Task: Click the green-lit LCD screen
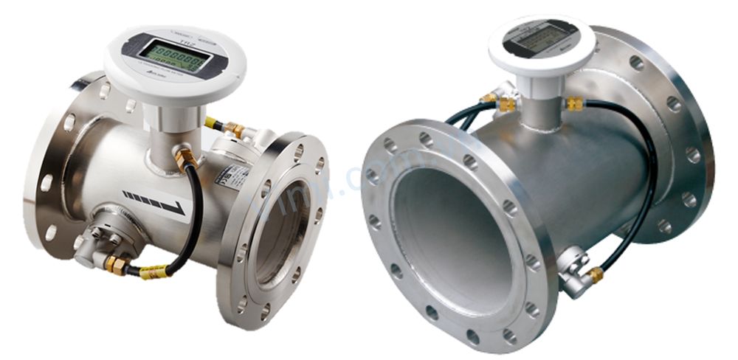(x=175, y=56)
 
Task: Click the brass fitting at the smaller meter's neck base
(x=185, y=156)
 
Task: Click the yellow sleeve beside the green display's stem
(x=212, y=122)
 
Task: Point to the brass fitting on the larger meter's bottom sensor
(x=595, y=275)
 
